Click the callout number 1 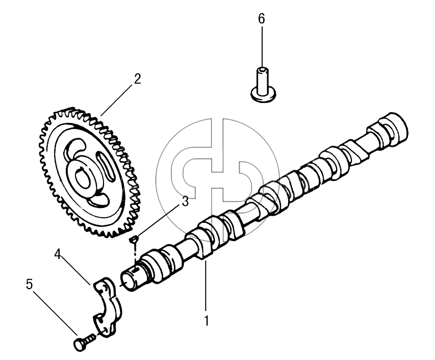click(206, 320)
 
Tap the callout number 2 click(137, 79)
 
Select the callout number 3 click(185, 201)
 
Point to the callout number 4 click(58, 254)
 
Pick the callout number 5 click(29, 285)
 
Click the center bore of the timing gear click(83, 179)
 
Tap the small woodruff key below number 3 click(134, 239)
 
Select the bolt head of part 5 click(79, 345)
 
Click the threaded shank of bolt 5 click(90, 339)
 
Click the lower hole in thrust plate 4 click(103, 330)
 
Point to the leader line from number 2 click(116, 100)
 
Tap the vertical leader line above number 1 click(206, 286)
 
